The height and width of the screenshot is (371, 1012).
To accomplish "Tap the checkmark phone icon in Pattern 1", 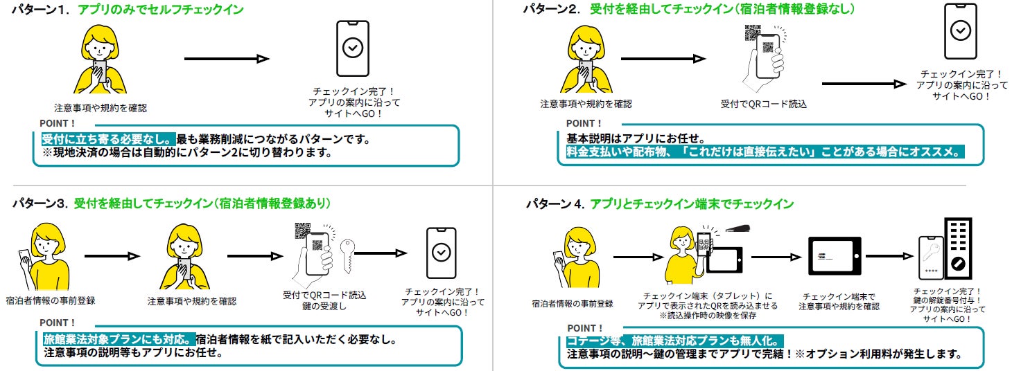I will (352, 48).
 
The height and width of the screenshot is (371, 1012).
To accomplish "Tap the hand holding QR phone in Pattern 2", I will (765, 62).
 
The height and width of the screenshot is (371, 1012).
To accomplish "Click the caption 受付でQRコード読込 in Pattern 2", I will (763, 104).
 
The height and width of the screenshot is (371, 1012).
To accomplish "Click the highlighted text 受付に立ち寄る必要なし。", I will (108, 139).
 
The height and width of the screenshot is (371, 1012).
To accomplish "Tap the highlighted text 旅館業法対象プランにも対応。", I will (118, 340).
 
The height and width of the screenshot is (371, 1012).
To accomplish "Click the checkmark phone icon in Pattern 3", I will (440, 252).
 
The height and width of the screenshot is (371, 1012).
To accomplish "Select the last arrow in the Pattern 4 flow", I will (890, 257).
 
